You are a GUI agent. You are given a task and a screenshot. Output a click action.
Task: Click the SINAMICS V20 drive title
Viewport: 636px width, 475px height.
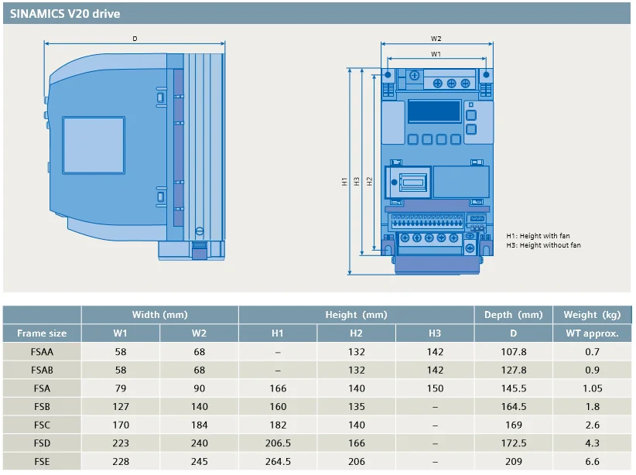click(x=65, y=14)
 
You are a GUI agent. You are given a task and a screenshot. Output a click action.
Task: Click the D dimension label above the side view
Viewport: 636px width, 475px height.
click(x=135, y=38)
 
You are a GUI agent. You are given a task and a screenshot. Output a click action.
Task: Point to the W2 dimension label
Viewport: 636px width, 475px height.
click(x=436, y=39)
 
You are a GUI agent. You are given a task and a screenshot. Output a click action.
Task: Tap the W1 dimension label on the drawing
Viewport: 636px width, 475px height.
click(x=436, y=54)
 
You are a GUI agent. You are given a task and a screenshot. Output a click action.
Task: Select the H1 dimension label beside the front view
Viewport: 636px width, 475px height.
click(x=344, y=181)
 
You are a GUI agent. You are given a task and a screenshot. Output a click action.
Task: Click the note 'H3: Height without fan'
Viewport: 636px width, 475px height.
click(x=543, y=245)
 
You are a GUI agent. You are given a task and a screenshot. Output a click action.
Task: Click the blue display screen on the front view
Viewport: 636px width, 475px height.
click(x=434, y=111)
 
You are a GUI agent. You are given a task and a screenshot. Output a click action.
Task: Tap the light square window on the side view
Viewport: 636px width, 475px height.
click(x=92, y=147)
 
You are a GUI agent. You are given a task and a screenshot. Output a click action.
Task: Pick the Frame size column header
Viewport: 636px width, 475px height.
click(x=42, y=333)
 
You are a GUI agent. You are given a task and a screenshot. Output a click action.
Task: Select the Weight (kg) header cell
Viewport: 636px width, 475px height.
click(x=592, y=315)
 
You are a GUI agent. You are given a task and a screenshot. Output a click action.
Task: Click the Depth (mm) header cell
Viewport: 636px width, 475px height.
click(x=514, y=315)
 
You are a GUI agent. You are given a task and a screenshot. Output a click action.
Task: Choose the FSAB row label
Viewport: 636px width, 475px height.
click(x=42, y=371)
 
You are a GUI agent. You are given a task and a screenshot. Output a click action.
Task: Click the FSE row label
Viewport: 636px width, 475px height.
click(x=42, y=462)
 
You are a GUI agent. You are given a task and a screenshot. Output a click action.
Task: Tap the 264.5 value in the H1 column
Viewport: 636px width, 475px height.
click(x=278, y=462)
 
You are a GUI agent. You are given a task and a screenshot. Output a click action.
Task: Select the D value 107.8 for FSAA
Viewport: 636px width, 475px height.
click(x=514, y=352)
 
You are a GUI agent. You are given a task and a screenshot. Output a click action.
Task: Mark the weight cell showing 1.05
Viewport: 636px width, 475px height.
click(x=592, y=388)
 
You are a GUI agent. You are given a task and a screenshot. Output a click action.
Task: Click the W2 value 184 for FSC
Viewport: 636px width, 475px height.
click(x=199, y=425)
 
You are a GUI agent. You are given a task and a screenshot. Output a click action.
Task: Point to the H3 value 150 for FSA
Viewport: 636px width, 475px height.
click(x=435, y=388)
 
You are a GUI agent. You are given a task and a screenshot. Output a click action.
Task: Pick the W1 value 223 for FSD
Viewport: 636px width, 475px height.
click(x=121, y=443)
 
